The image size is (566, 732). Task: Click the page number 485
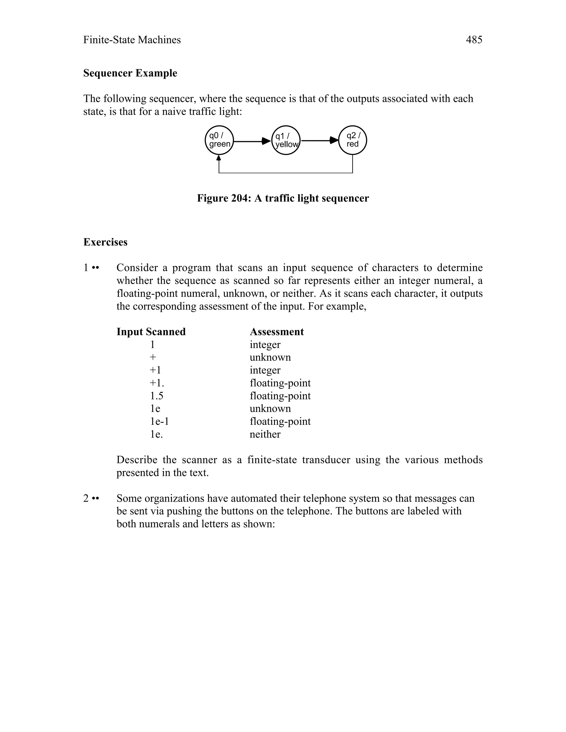[x=474, y=40]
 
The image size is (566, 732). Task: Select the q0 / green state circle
[x=219, y=140]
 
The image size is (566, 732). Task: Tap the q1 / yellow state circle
[x=286, y=140]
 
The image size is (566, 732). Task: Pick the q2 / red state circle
[x=352, y=140]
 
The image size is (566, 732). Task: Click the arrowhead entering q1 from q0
[x=267, y=141]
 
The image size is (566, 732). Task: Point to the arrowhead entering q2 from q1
[x=334, y=140]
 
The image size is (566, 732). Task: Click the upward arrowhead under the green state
[x=219, y=157]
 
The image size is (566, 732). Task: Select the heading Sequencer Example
[x=130, y=73]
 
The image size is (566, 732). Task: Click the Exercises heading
[x=105, y=242]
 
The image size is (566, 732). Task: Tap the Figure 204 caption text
[x=283, y=198]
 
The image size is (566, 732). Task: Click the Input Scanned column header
[x=151, y=332]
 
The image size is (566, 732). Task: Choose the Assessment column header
[x=277, y=332]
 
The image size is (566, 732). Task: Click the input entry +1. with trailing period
[x=157, y=383]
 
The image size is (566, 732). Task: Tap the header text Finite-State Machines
[x=132, y=40]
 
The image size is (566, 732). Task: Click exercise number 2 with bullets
[x=91, y=498]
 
